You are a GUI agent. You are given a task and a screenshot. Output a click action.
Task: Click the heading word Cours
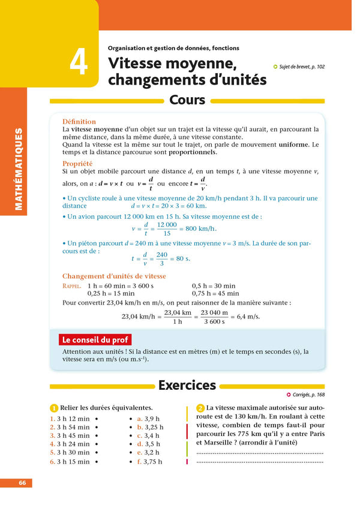[x=187, y=100]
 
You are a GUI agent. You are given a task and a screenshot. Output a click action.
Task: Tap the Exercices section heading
[x=187, y=385]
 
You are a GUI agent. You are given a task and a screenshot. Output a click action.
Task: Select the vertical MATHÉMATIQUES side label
[x=19, y=169]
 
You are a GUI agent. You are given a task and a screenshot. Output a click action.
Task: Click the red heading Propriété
[x=77, y=163]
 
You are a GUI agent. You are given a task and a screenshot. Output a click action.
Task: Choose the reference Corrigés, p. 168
[x=305, y=395]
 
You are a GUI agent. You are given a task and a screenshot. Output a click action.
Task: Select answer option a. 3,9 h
[x=148, y=418]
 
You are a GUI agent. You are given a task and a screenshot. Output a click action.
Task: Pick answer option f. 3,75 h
[x=149, y=462]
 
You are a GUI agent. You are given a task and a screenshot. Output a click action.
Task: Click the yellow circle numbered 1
[x=54, y=408]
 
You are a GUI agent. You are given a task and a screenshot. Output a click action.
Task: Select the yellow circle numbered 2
[x=200, y=408]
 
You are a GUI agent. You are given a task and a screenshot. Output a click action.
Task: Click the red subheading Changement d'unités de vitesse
[x=114, y=276]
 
